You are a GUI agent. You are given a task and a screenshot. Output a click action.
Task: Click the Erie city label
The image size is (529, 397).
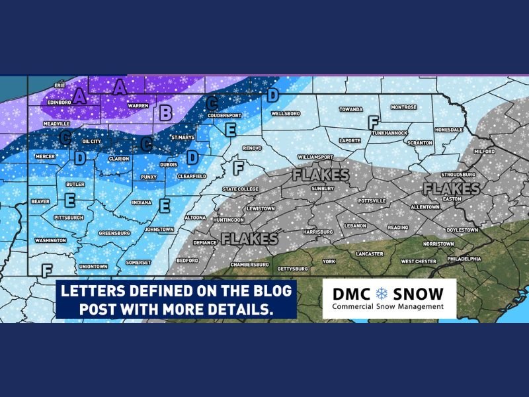tap(60, 86)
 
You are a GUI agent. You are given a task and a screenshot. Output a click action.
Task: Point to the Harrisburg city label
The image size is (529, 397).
tap(315, 232)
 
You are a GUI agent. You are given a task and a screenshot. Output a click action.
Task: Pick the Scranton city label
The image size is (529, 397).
tap(420, 142)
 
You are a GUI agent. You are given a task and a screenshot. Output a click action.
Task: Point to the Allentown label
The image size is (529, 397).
tap(425, 207)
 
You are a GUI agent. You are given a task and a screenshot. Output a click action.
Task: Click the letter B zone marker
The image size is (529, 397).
tap(166, 112)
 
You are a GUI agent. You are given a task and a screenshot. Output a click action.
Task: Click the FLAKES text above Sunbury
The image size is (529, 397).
tap(321, 176)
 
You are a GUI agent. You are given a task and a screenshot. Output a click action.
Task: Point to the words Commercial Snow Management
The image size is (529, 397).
tap(386, 307)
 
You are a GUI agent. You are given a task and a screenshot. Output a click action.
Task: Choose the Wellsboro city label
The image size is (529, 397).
tap(286, 113)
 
